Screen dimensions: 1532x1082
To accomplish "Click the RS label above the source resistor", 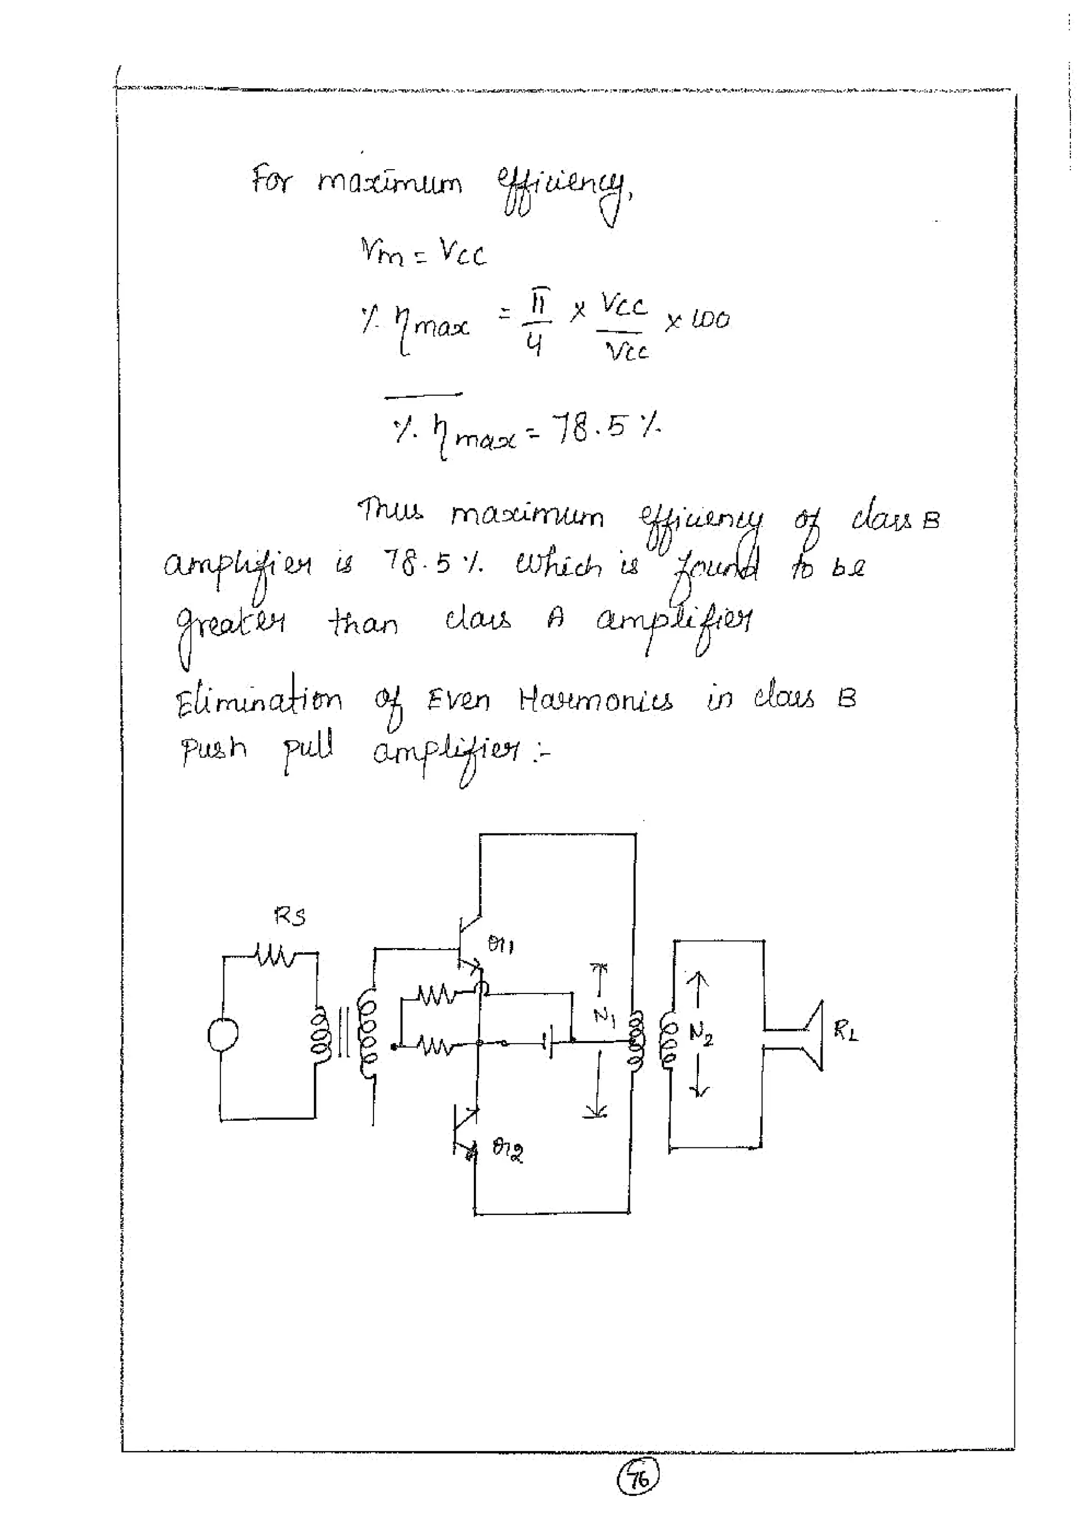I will point(290,917).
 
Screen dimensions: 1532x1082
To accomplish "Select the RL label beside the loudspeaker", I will point(845,1032).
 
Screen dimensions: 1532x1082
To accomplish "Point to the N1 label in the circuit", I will point(603,1016).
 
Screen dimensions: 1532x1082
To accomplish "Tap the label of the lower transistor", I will point(508,1148).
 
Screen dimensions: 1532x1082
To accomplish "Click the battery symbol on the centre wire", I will point(549,1042).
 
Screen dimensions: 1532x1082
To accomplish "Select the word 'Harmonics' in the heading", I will point(596,701).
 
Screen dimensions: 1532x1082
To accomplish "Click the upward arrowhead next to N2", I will point(698,979).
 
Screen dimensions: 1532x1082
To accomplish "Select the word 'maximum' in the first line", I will point(389,181).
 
